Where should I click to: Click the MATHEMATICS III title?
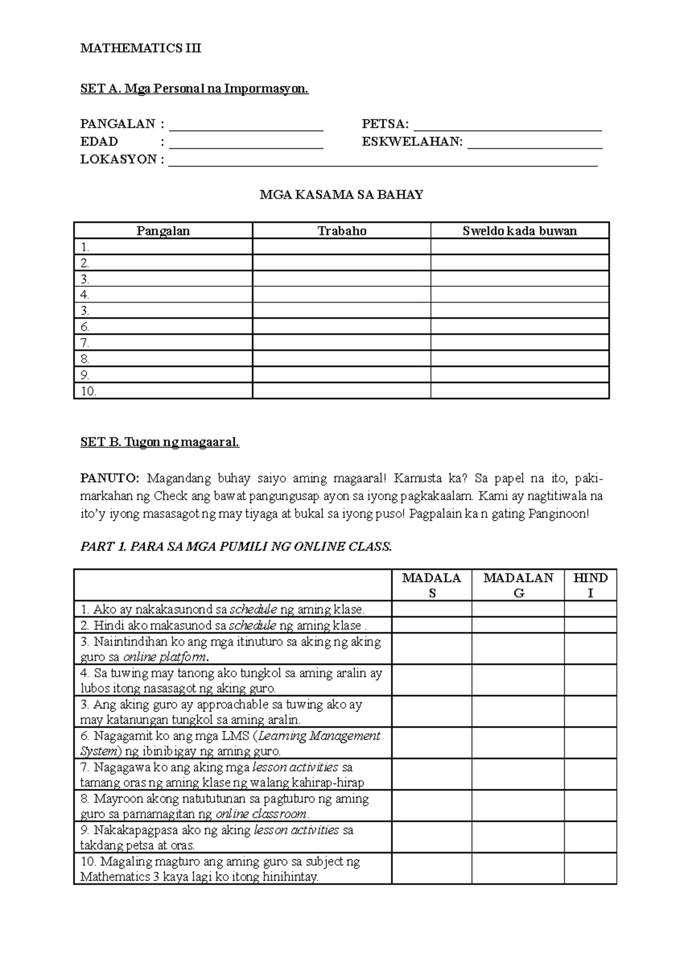point(140,48)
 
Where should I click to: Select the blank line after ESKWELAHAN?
point(535,147)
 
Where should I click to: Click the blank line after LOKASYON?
point(383,164)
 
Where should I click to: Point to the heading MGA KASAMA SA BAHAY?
point(341,195)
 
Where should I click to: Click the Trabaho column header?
point(341,231)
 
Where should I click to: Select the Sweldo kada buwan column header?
point(519,231)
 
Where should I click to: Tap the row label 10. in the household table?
point(89,391)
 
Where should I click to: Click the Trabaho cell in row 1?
point(341,247)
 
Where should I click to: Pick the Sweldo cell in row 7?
point(519,343)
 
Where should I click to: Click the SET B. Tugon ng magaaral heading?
point(160,442)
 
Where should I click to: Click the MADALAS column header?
point(431,585)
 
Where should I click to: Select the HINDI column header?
point(590,585)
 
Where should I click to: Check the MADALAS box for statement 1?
point(431,609)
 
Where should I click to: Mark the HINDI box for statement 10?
point(590,868)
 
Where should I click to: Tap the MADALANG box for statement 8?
point(518,806)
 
